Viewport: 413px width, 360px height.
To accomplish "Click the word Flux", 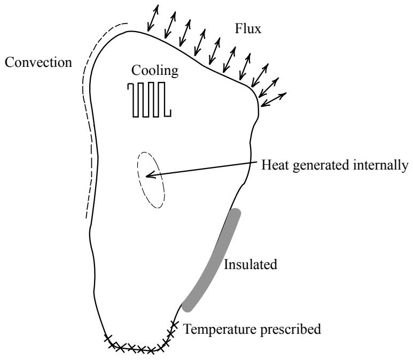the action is [x=248, y=28].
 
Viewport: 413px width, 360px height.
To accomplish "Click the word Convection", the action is [x=38, y=63].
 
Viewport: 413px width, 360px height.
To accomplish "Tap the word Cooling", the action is [x=155, y=71].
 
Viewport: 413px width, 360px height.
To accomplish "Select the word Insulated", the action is [x=251, y=264].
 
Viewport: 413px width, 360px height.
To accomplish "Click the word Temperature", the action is [x=220, y=329].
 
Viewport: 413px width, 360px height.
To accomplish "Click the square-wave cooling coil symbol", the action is [x=149, y=99].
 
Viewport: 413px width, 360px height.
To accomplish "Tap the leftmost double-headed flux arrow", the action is [x=153, y=18].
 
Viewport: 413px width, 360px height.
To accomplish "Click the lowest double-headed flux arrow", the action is [x=274, y=99].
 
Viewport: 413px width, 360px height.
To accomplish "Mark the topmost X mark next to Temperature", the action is [x=174, y=323].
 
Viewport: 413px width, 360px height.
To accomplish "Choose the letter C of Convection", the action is [x=10, y=63].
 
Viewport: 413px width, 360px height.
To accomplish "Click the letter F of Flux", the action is [x=239, y=29].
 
